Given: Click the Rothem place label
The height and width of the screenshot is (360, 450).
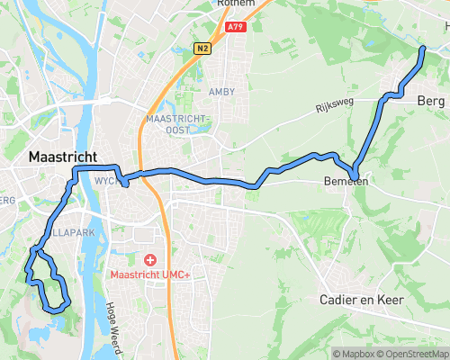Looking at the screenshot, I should (236, 4).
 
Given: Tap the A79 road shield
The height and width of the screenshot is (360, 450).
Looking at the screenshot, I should (236, 28).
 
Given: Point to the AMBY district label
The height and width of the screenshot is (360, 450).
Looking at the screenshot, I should (221, 92).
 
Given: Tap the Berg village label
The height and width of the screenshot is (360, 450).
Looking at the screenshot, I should (431, 102).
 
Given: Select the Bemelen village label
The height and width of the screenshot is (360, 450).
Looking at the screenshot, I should (344, 181).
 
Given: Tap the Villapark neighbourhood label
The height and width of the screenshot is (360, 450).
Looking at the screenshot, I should (63, 230).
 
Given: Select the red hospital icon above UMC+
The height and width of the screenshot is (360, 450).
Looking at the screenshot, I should (149, 259).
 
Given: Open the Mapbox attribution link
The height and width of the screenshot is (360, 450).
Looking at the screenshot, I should (355, 354).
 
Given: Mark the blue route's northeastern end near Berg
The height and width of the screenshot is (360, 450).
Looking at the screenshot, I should (423, 46).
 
